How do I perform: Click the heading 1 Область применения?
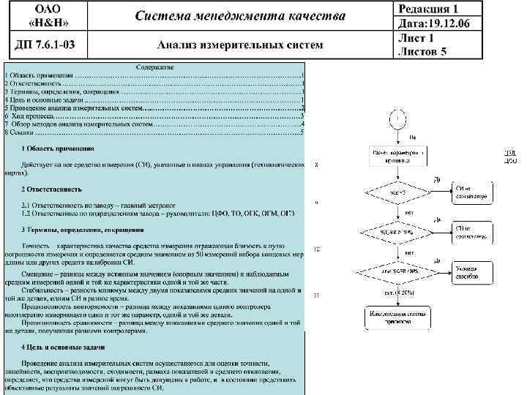tap(63, 149)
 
